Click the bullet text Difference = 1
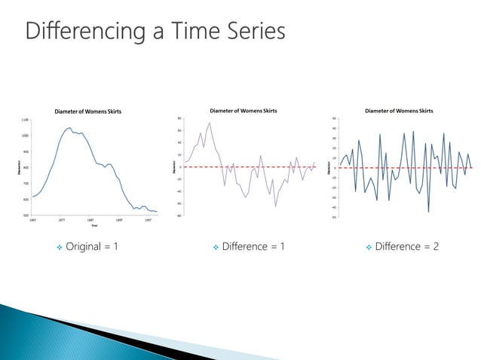253,247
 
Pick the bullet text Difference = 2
406,247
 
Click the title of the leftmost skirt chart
87,111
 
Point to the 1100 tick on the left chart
25,120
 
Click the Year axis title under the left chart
94,225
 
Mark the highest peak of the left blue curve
69,127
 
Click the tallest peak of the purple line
209,123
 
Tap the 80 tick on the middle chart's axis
179,118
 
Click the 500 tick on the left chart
26,215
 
